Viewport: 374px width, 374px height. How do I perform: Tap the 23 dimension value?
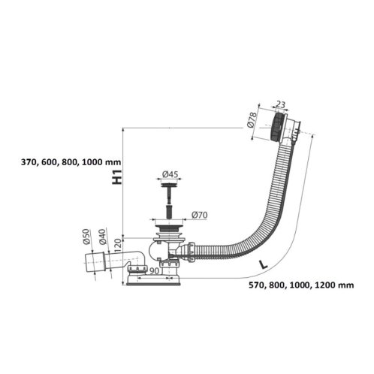[281, 104]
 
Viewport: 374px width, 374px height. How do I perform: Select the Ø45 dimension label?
[170, 174]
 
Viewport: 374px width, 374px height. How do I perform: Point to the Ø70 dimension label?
[200, 215]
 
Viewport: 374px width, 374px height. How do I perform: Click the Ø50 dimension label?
[86, 237]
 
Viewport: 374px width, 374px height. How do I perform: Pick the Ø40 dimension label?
[102, 237]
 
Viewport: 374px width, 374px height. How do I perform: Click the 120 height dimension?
[119, 245]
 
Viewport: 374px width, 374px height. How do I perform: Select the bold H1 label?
[117, 177]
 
